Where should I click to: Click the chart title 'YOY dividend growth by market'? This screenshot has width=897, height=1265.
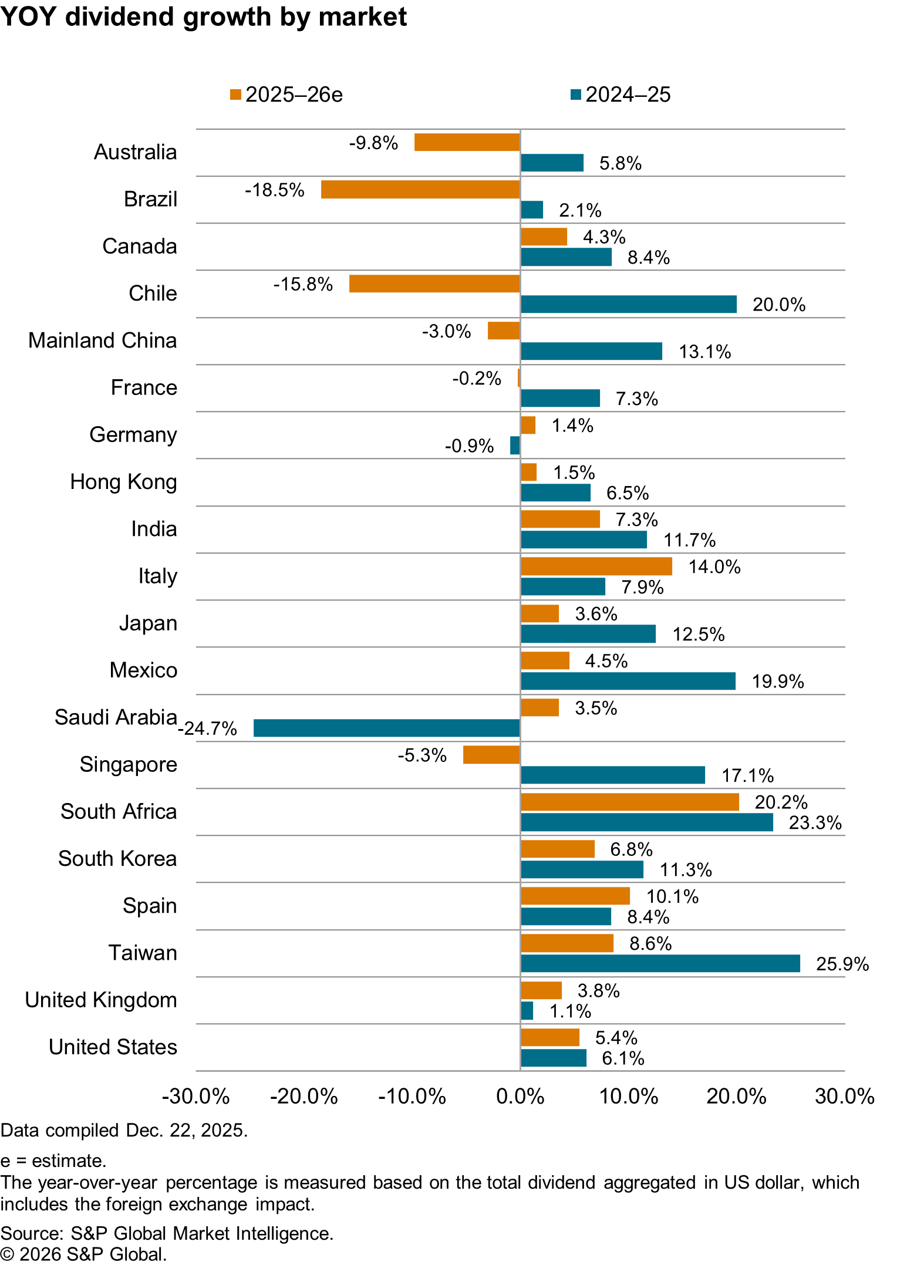(x=203, y=17)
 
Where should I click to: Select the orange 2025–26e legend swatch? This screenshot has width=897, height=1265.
(x=235, y=95)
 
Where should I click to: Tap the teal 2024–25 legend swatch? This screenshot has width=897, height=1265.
(x=575, y=95)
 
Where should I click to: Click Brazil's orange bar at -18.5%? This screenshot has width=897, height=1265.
(x=420, y=190)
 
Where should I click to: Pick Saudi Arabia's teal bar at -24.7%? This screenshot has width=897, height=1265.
(x=386, y=728)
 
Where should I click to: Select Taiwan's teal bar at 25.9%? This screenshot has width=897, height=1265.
(x=660, y=963)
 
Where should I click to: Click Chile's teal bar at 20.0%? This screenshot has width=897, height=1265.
(x=628, y=304)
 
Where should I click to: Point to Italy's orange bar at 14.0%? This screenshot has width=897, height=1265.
(x=596, y=566)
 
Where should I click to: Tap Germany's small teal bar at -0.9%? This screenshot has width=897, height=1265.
(x=515, y=446)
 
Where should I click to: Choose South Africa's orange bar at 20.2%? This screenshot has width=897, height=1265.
(x=629, y=802)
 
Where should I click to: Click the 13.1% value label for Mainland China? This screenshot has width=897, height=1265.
(x=704, y=352)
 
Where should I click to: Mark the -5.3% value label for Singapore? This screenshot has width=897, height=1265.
(x=422, y=755)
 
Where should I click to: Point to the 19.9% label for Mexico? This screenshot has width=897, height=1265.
(x=778, y=682)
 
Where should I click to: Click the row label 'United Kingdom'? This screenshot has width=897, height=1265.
(x=101, y=1000)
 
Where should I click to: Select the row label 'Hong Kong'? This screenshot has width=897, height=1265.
(x=123, y=482)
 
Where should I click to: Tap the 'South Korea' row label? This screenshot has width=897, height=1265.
(x=117, y=859)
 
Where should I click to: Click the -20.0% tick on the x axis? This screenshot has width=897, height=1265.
(x=304, y=1097)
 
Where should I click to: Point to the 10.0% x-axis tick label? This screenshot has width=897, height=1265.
(x=629, y=1097)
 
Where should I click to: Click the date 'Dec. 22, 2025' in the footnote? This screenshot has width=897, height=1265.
(x=186, y=1131)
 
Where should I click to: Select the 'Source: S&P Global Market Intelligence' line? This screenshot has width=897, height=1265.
(x=167, y=1233)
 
